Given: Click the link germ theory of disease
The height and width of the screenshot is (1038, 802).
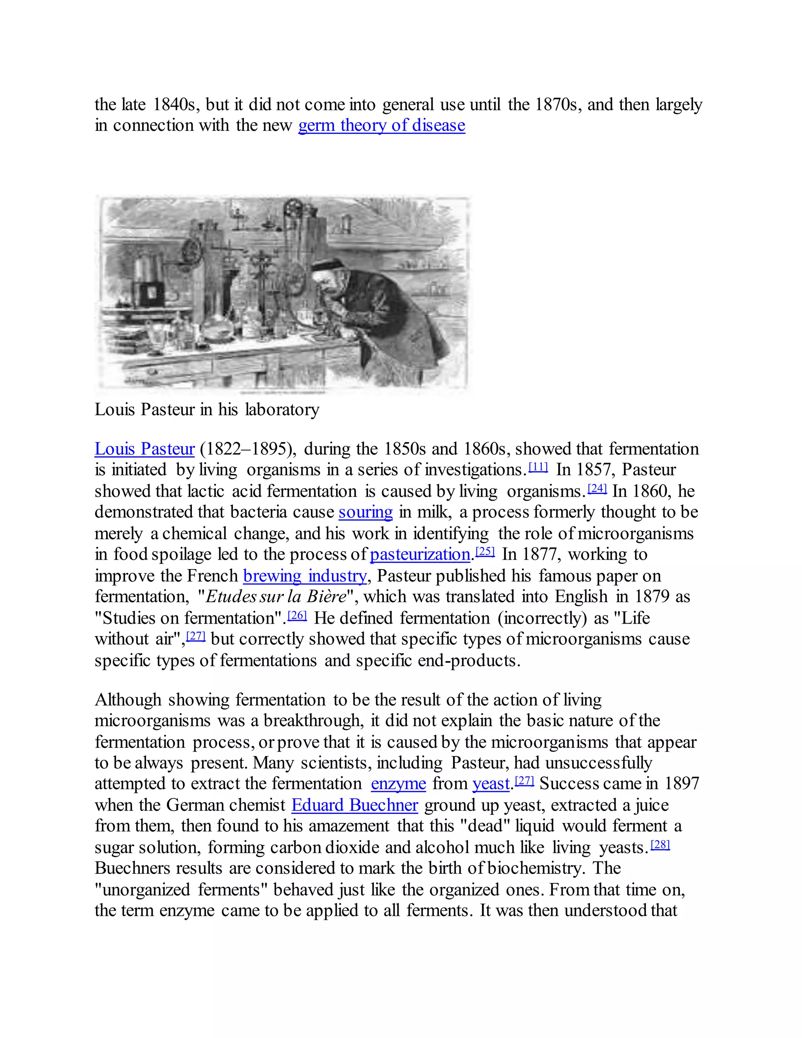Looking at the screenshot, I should pyautogui.click(x=381, y=125).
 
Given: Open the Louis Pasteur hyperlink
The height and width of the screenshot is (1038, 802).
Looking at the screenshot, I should pyautogui.click(x=145, y=448).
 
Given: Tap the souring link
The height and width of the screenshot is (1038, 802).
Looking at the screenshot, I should pyautogui.click(x=365, y=512).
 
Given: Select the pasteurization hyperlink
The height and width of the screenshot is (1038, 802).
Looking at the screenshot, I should pyautogui.click(x=420, y=554).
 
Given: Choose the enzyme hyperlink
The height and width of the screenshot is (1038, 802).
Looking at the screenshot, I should pyautogui.click(x=398, y=783).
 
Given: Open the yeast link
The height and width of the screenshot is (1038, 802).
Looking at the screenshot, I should pyautogui.click(x=491, y=783).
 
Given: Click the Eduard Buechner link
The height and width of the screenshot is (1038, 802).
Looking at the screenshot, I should pyautogui.click(x=354, y=805).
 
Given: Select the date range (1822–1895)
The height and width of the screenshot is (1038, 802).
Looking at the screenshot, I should pyautogui.click(x=247, y=448).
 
